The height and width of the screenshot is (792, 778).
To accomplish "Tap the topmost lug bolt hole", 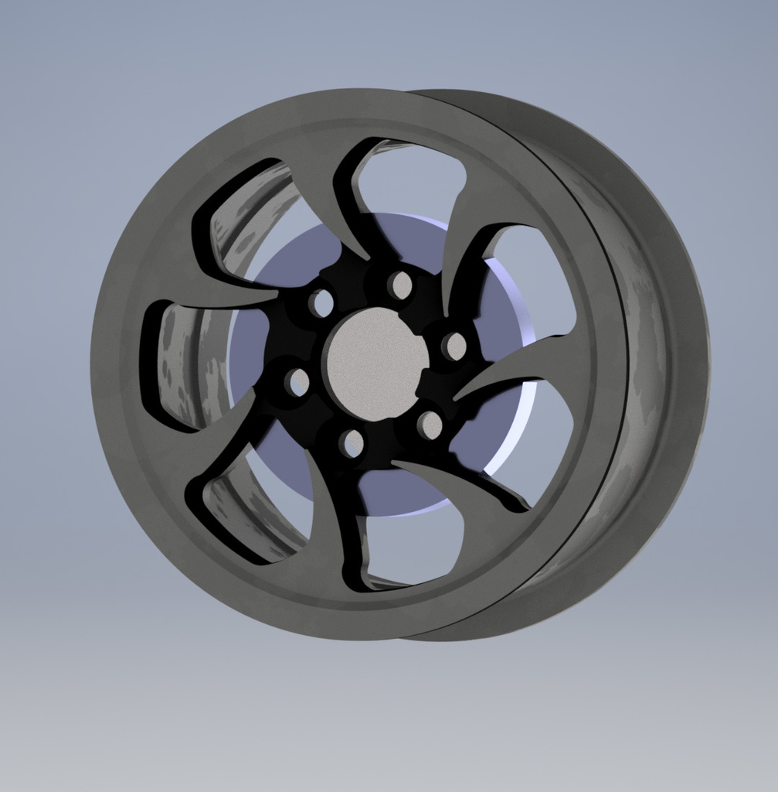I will click(400, 285).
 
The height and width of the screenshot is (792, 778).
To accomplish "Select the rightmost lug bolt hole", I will click(454, 346).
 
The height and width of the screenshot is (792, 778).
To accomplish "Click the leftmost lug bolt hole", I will click(297, 381).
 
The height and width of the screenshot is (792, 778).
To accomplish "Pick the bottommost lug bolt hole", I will click(352, 443).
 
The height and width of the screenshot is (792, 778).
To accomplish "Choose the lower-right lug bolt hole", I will click(430, 425).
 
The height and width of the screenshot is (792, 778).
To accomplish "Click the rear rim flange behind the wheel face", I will click(664, 364).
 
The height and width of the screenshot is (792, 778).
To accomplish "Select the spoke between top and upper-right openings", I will click(464, 232).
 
